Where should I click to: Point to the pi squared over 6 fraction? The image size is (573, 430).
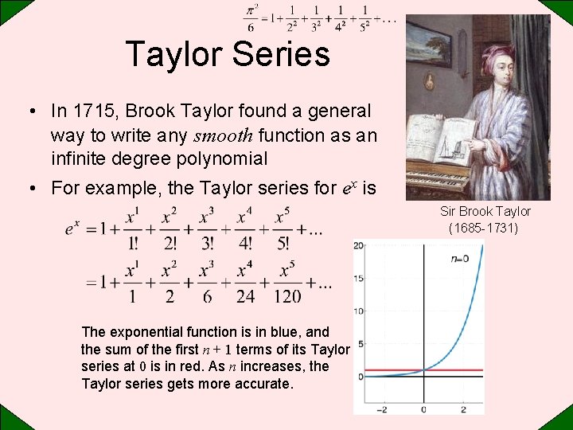tap(251, 19)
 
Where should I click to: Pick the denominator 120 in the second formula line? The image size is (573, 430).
tap(286, 295)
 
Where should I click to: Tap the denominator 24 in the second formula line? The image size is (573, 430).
tap(245, 295)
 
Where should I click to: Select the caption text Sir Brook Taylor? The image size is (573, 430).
tap(485, 211)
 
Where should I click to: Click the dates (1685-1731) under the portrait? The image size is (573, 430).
tap(483, 229)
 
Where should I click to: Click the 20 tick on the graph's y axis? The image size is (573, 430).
tap(359, 245)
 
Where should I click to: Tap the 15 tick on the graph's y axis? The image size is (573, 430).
tap(359, 278)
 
